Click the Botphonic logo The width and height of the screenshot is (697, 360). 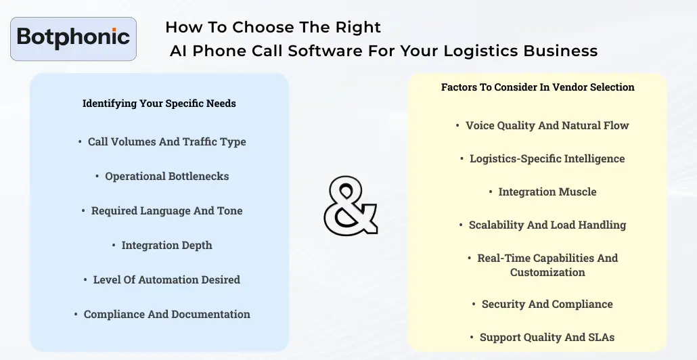tap(74, 39)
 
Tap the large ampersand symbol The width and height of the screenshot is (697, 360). tap(350, 206)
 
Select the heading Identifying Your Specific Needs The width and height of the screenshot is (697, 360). tap(159, 104)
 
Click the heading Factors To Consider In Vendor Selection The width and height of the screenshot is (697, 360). tap(538, 87)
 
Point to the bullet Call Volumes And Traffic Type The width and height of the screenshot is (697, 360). tap(166, 141)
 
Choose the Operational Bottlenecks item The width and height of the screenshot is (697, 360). tap(166, 176)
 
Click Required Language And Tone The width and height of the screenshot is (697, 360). tap(166, 210)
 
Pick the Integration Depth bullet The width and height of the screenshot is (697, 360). tap(166, 245)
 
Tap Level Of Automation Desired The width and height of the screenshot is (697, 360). tap(166, 279)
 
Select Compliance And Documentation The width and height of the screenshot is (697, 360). tap(166, 314)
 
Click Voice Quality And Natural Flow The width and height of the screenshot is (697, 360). tap(547, 125)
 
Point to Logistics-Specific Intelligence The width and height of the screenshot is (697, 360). tap(547, 158)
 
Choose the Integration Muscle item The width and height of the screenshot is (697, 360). tap(547, 192)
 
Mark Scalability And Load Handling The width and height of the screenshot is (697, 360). tap(547, 225)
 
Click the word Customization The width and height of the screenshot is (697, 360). tap(547, 272)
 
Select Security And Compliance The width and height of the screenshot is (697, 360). tap(547, 304)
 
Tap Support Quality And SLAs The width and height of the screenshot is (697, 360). tap(547, 337)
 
